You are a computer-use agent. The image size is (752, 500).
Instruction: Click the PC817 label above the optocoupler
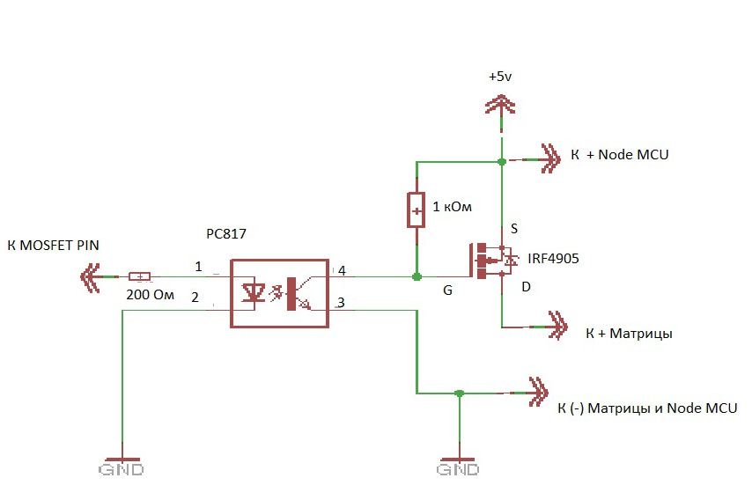[226, 234]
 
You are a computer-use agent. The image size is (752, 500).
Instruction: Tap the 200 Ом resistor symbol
[139, 276]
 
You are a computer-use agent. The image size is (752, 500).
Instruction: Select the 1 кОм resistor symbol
[416, 210]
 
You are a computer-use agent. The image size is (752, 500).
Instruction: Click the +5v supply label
[500, 77]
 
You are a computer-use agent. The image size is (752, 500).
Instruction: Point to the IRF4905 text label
[553, 259]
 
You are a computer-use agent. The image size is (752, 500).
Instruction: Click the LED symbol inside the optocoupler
[254, 292]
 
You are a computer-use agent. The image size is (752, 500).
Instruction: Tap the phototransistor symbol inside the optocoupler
[298, 293]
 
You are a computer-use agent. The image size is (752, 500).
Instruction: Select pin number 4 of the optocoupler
[342, 271]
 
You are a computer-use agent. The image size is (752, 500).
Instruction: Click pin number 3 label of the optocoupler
[341, 303]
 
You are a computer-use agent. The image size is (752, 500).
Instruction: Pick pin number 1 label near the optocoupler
[198, 267]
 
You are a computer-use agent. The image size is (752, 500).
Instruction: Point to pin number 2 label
[195, 298]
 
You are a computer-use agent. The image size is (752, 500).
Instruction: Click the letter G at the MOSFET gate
[447, 290]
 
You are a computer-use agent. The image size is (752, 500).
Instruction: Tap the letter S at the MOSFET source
[514, 228]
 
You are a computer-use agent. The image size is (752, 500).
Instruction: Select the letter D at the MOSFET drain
[526, 287]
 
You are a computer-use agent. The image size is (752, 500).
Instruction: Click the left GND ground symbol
[122, 466]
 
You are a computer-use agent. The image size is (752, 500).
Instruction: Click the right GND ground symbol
[459, 466]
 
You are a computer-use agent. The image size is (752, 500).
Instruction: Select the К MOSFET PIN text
[53, 246]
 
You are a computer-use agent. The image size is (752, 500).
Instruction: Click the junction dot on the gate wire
[417, 276]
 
